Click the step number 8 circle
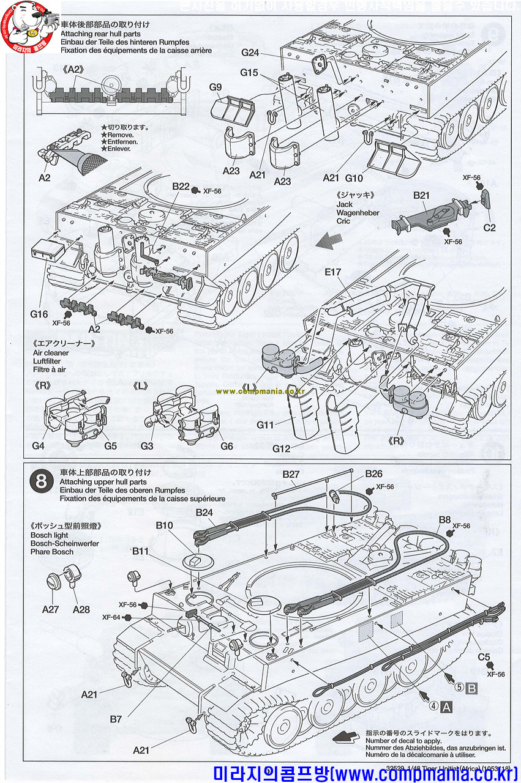41,481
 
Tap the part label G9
215,87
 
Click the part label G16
39,314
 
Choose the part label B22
181,186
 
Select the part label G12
282,448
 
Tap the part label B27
291,473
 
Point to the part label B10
165,525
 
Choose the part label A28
81,609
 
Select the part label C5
485,658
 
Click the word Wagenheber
358,212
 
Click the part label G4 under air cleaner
39,445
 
